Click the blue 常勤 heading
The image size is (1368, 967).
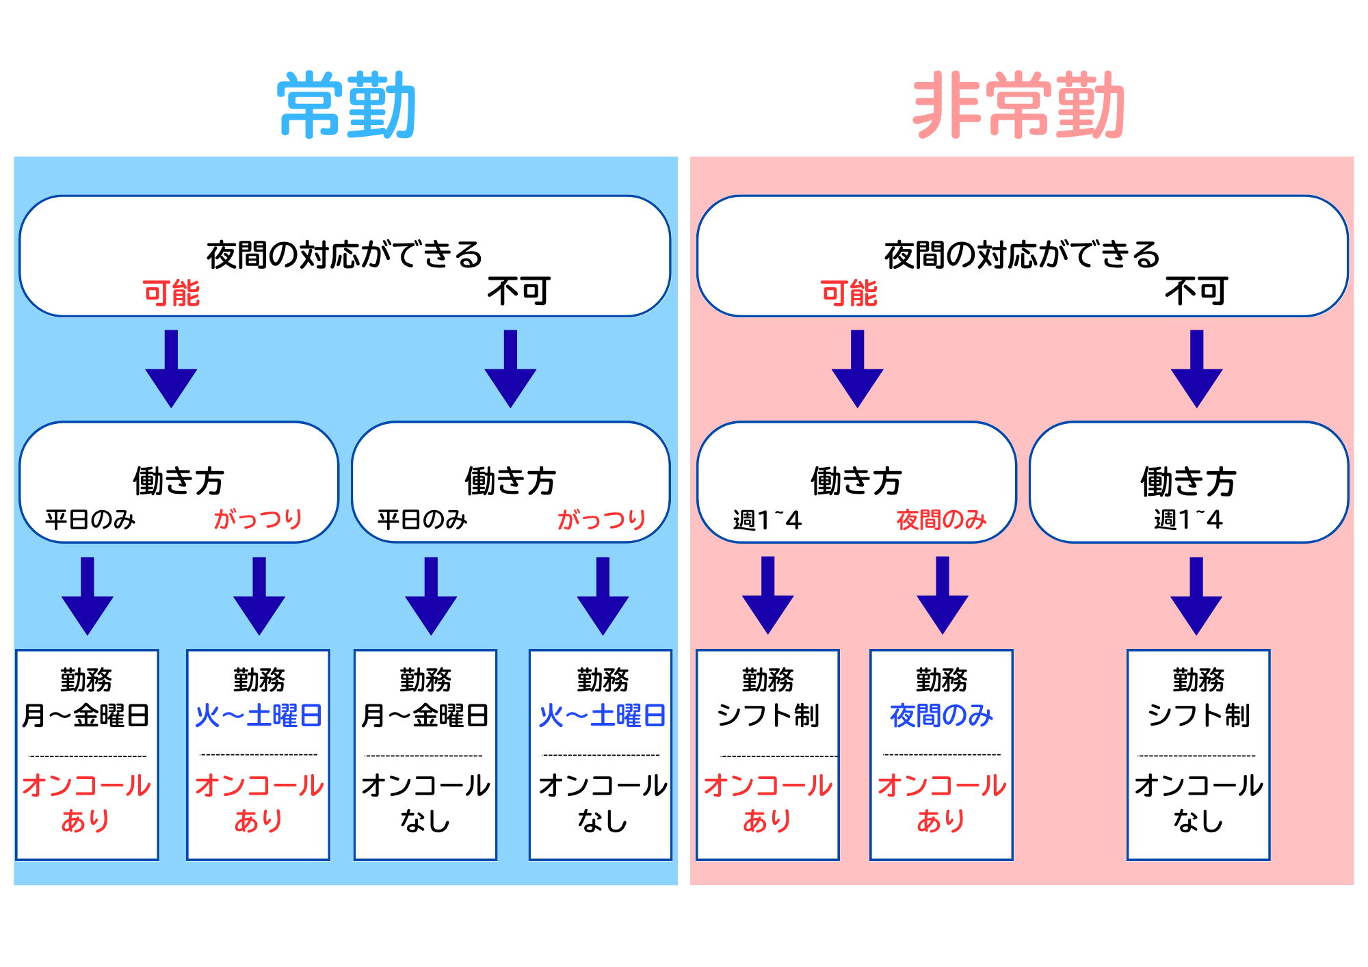coord(347,105)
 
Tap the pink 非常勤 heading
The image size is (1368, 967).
coord(1019,105)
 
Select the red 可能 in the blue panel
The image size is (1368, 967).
coord(171,293)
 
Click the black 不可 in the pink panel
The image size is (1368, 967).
coord(1197,291)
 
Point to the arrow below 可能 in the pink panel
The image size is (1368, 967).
coord(857,369)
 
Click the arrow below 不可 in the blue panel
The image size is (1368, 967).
coord(510,369)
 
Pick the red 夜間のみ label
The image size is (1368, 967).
coord(941,520)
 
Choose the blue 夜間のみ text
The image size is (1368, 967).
coord(941,715)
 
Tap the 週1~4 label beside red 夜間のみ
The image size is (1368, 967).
coord(767,520)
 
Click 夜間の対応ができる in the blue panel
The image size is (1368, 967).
coord(345,254)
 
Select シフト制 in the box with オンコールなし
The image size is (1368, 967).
coord(1198,715)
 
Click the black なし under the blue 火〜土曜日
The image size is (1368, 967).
coord(602,820)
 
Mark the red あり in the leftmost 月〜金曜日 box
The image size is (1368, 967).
coord(85,820)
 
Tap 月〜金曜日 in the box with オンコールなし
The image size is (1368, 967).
coord(425,715)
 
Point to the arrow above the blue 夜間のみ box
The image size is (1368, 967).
coord(943,595)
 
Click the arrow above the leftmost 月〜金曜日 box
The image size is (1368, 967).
coord(88,596)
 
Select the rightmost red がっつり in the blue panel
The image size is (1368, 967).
coord(602,519)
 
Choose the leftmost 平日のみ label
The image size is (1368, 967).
coord(90,520)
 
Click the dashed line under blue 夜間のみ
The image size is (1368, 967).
coord(942,755)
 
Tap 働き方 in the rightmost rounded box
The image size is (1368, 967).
coord(1188,481)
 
